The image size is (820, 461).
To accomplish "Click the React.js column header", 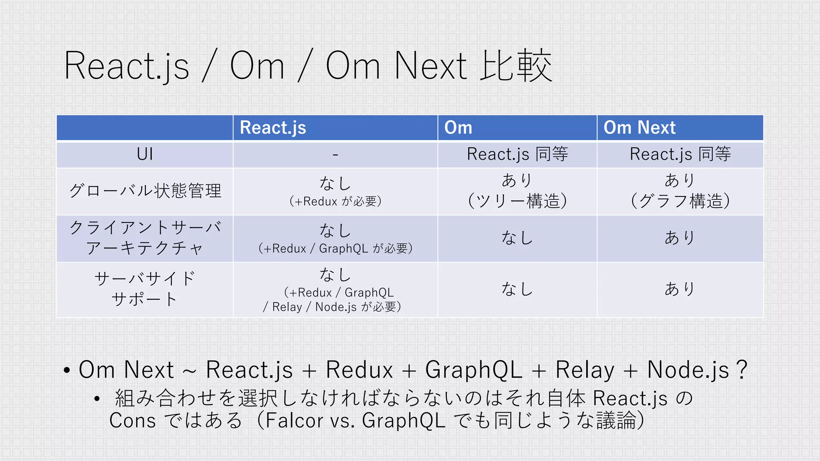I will pyautogui.click(x=273, y=128).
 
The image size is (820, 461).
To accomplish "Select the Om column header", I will pyautogui.click(x=458, y=128).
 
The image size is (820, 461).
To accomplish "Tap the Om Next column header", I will pyautogui.click(x=639, y=128).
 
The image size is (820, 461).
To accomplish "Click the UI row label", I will pyautogui.click(x=145, y=154).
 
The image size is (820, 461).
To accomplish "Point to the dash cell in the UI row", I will pyautogui.click(x=335, y=154).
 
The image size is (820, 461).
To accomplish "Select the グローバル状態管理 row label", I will pyautogui.click(x=145, y=191).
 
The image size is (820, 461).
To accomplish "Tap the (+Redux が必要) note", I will pyautogui.click(x=335, y=201).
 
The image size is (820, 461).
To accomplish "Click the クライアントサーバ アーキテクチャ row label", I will pyautogui.click(x=145, y=238).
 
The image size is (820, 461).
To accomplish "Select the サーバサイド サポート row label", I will pyautogui.click(x=145, y=289).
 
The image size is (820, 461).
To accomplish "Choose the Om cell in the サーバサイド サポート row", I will pyautogui.click(x=517, y=289).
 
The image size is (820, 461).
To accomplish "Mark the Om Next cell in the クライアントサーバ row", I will pyautogui.click(x=680, y=238).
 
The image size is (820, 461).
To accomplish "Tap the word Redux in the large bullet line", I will pyautogui.click(x=359, y=369).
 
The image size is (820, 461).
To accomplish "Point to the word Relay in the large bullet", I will pyautogui.click(x=585, y=369).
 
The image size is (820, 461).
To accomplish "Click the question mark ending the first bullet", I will pyautogui.click(x=742, y=369).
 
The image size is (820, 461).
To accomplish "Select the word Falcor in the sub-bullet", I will pyautogui.click(x=294, y=421).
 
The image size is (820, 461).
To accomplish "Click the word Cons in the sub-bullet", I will pyautogui.click(x=133, y=421).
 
